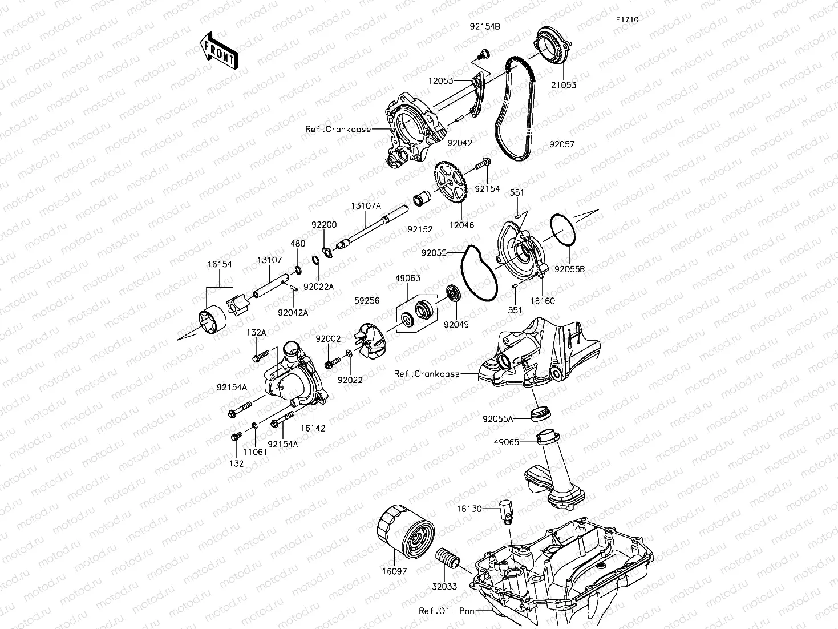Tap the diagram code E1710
(x=626, y=19)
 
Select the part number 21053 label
(x=564, y=86)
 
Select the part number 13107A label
(x=366, y=207)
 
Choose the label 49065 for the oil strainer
(x=507, y=442)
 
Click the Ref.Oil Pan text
(x=447, y=611)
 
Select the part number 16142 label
(x=313, y=428)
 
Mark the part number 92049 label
(x=456, y=324)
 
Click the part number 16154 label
(x=220, y=264)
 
